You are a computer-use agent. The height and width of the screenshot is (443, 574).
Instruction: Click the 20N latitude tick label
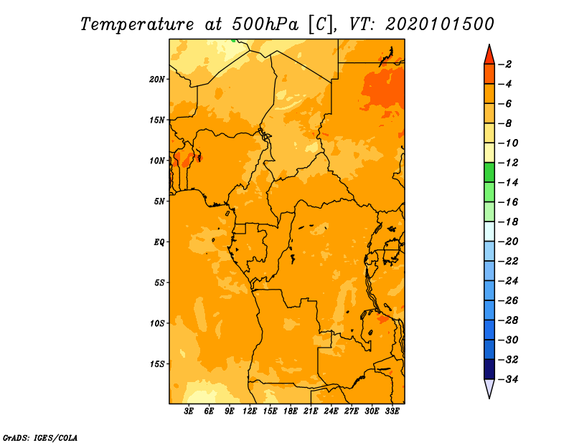157,80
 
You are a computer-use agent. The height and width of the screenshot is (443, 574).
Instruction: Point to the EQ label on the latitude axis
159,242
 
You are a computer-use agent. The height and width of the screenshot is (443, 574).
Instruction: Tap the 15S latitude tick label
157,364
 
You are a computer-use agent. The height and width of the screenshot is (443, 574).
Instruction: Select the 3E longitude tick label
189,411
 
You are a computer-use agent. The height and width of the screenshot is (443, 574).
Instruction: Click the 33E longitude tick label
392,411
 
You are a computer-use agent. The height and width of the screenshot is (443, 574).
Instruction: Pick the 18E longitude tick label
291,411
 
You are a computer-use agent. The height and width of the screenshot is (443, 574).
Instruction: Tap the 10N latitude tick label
157,161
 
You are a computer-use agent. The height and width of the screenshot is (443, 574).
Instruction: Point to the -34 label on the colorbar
509,379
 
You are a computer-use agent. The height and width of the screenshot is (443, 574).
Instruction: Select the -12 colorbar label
509,163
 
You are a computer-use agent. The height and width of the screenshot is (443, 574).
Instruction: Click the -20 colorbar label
509,242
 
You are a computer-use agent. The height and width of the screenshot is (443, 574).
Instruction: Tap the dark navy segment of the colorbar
489,369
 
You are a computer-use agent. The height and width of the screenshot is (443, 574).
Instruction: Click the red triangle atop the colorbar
489,56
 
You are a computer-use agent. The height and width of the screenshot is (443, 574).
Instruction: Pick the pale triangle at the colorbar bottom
489,388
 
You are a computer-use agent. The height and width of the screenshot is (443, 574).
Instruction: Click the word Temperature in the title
137,24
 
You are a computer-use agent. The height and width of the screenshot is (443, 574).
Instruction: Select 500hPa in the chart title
265,24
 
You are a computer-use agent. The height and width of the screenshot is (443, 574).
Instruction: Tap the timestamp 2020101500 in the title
440,24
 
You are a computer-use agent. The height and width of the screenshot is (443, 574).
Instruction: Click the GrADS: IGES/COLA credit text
40,438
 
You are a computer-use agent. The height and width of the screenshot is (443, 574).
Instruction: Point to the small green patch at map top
233,40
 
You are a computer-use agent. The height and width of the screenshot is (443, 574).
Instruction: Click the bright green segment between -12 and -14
489,173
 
